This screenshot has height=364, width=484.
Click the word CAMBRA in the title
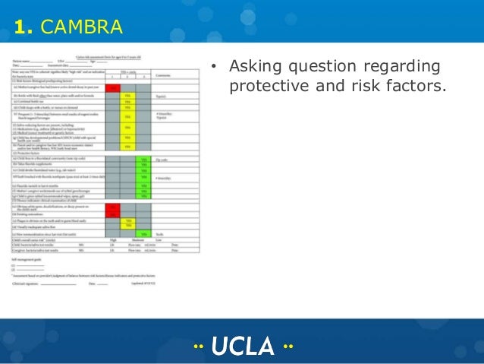coord(80,28)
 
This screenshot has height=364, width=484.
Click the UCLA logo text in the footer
coord(242,346)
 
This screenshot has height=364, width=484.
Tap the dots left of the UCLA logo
coord(199,347)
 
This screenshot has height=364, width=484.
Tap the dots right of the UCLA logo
coord(287,347)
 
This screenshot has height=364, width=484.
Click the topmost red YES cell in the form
coord(113,88)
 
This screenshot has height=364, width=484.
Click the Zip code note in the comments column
coord(162,160)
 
